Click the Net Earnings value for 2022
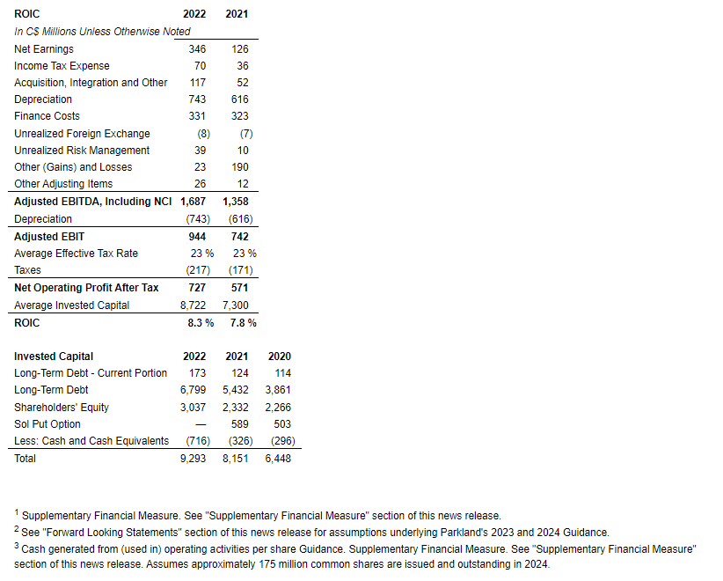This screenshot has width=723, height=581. point(197,49)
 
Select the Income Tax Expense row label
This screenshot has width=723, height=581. point(62,66)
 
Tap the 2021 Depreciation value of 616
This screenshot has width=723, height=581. point(239,99)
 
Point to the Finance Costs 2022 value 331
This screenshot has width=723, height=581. point(197,116)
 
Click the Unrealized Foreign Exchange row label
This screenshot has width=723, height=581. point(82,134)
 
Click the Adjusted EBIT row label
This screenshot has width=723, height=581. point(49,237)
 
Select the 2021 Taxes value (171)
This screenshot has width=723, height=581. point(240,270)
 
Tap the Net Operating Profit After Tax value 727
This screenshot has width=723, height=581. point(197,288)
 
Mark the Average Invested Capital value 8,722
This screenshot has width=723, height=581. point(193,305)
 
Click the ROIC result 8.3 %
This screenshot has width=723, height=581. point(201,323)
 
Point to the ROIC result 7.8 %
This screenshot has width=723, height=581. point(244,323)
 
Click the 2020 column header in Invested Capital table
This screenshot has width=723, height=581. point(280,357)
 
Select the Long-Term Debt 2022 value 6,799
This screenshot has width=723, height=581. point(193,390)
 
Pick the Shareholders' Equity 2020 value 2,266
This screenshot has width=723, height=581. point(278,408)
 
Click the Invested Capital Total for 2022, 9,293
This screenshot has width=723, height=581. point(193,459)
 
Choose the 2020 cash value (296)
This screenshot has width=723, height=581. point(278,441)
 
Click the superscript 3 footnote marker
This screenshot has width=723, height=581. point(17,546)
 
